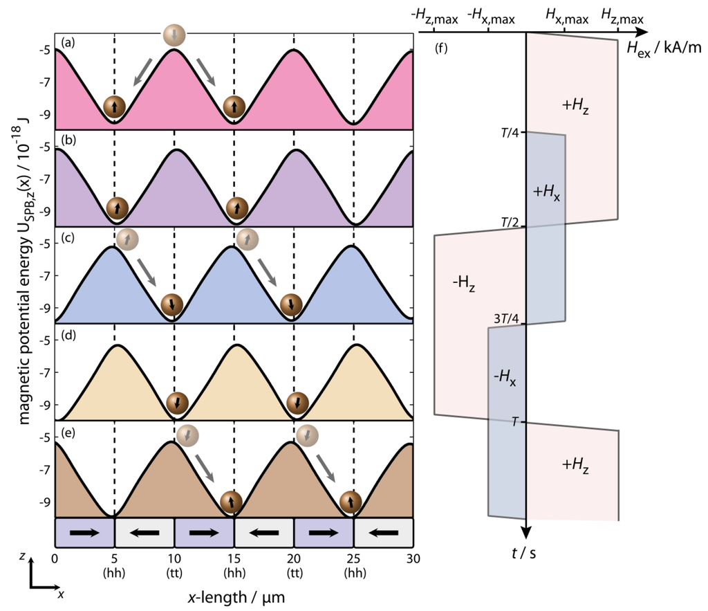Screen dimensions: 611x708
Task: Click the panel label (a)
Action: pos(68,43)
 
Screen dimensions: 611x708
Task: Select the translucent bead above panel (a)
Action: pos(174,35)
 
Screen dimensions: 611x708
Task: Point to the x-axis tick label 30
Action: pos(412,558)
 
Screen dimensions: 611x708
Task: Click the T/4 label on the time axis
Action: pos(512,133)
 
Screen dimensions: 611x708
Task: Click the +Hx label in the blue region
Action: pos(546,192)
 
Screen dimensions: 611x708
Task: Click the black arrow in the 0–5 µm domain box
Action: pos(84,533)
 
